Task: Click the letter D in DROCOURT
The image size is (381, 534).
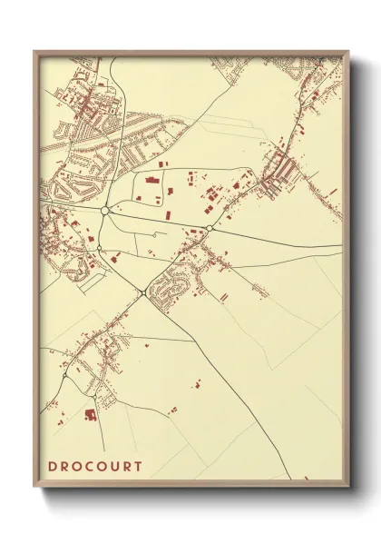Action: tap(54, 467)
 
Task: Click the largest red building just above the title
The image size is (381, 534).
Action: tap(90, 414)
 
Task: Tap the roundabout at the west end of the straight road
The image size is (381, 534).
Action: tap(105, 210)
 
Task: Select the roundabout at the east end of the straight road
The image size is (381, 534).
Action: tap(210, 228)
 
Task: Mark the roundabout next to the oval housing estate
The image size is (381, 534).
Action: tap(145, 292)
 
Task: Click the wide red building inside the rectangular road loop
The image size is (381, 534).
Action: tap(151, 181)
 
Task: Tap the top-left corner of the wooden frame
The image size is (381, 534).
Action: tap(35, 52)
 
